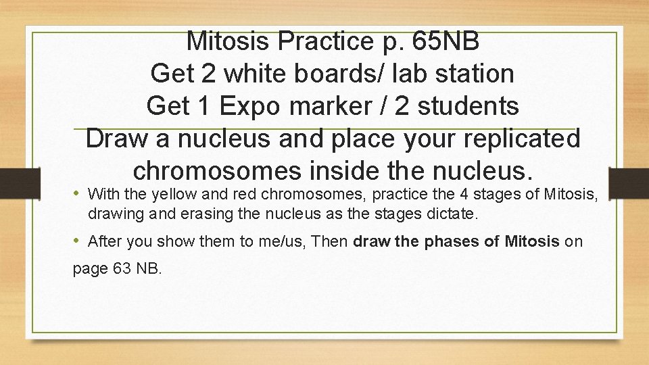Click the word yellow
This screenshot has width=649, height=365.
(173, 195)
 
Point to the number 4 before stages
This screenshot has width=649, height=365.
(464, 195)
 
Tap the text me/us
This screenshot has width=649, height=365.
(281, 241)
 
